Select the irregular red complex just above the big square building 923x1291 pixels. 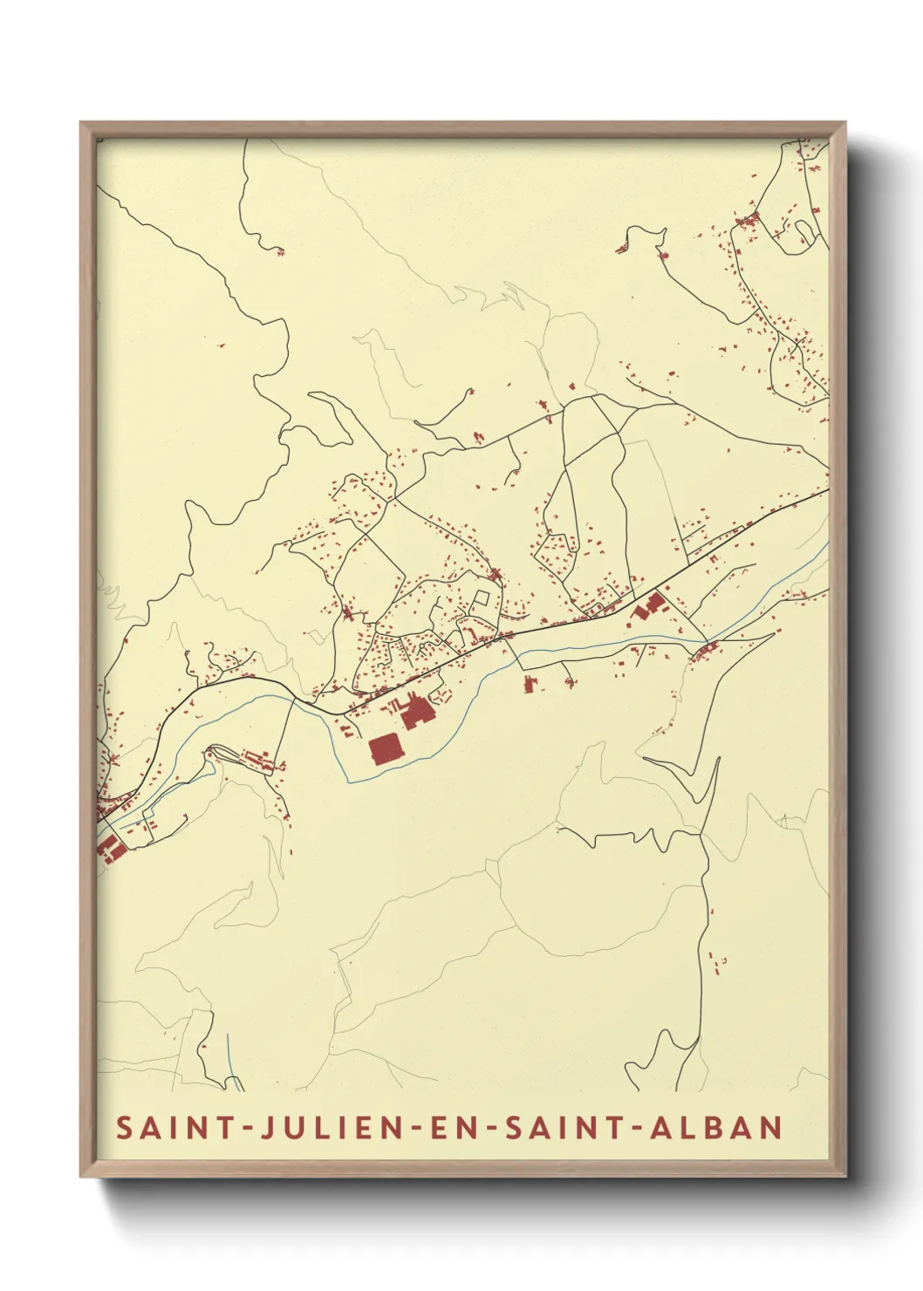point(416,712)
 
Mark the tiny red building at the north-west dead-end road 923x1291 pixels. point(280,253)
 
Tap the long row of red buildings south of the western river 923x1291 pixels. point(261,758)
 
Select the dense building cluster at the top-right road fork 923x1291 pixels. point(746,220)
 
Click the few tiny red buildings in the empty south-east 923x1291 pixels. point(717,961)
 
